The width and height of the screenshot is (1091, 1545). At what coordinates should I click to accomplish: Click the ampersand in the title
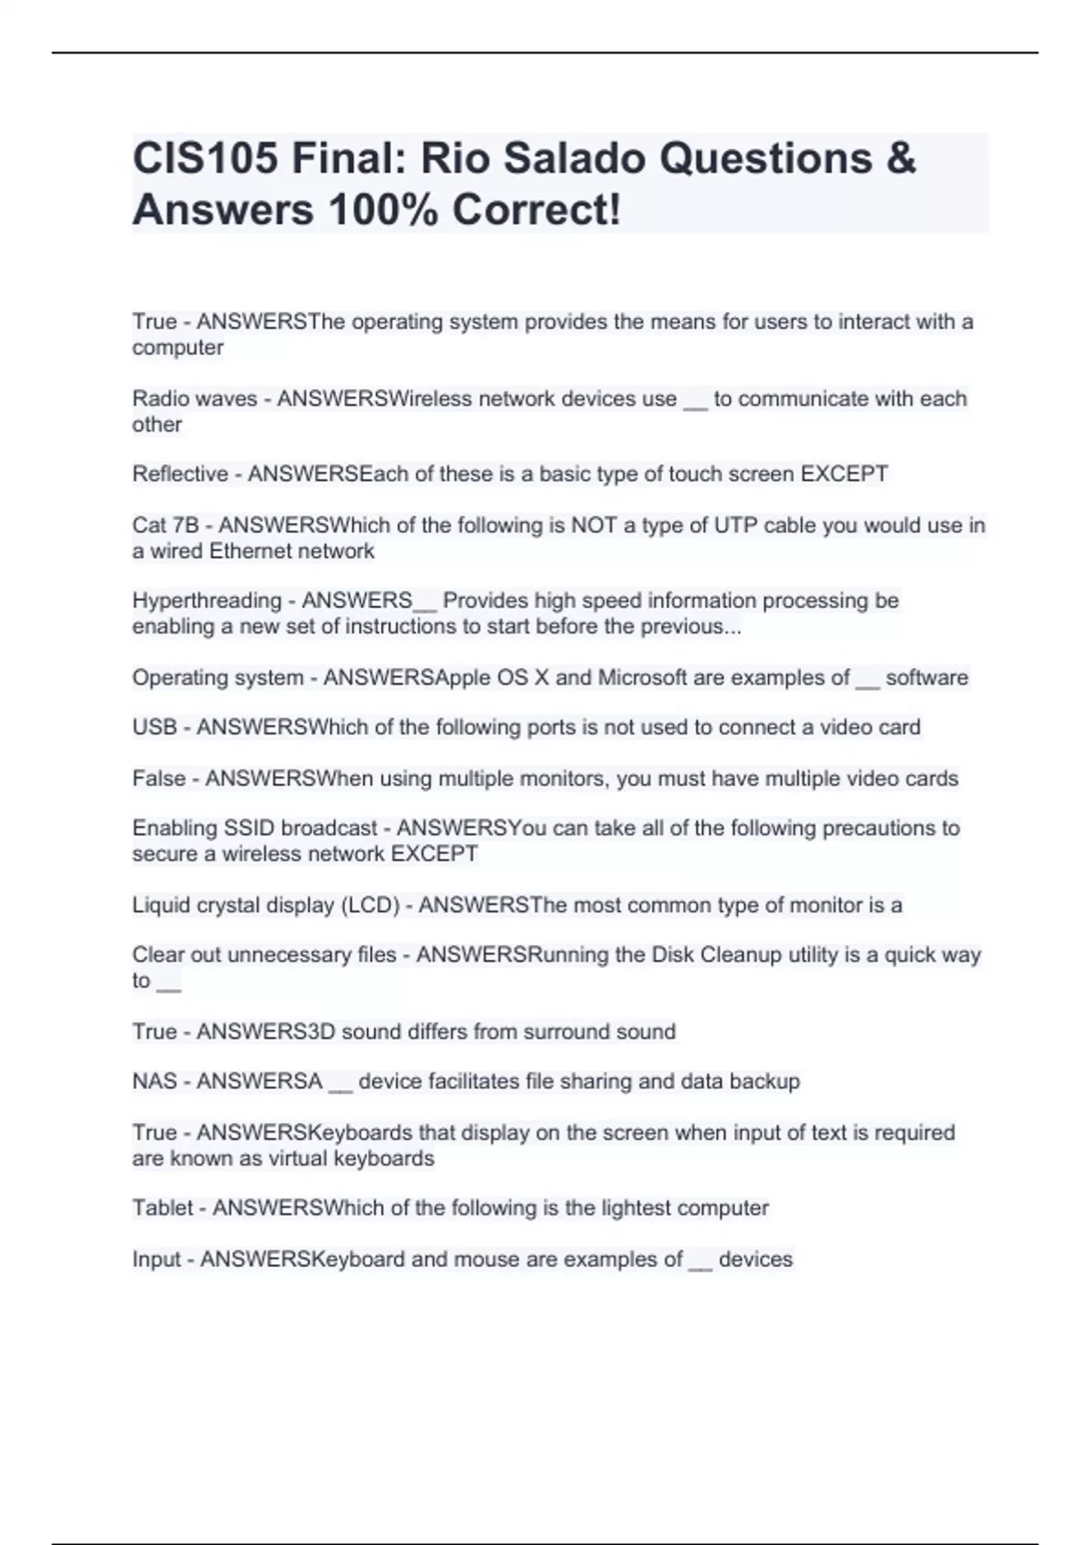tap(899, 159)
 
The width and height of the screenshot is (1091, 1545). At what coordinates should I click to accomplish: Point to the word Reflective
tap(180, 474)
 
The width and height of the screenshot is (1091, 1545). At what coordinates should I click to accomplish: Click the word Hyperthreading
tap(206, 601)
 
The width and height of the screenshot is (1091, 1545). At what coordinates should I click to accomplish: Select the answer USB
tap(155, 727)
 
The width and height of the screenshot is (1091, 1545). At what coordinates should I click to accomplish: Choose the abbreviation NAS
tap(155, 1081)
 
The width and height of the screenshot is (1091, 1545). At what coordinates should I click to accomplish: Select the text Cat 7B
tap(165, 525)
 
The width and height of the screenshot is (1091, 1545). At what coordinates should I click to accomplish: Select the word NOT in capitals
tap(595, 525)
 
